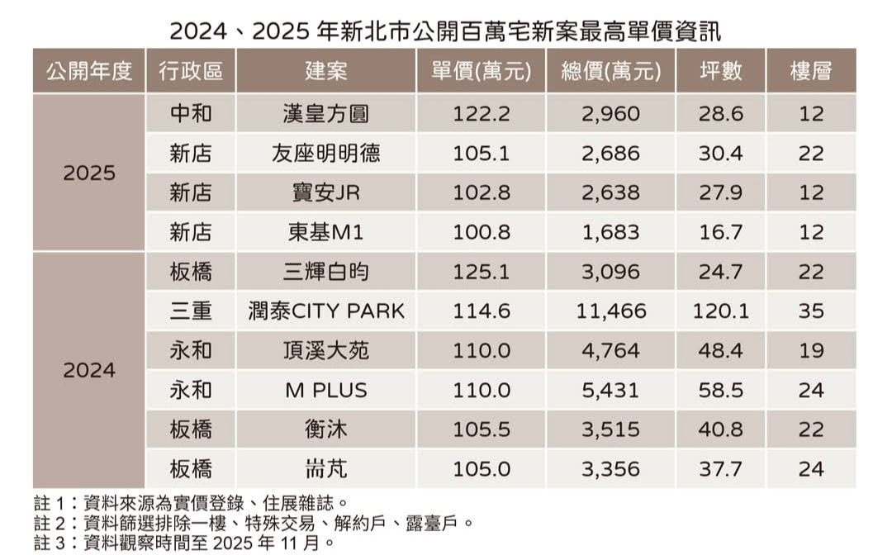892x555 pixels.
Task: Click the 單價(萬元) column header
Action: click(x=482, y=71)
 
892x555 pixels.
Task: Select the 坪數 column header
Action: click(x=720, y=71)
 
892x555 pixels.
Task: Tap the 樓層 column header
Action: click(x=811, y=71)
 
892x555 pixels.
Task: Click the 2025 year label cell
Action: click(x=89, y=173)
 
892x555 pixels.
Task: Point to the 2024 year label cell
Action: click(x=89, y=370)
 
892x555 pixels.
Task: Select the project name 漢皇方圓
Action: click(x=325, y=114)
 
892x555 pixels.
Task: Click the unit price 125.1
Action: click(x=482, y=272)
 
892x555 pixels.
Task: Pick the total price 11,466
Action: click(x=610, y=311)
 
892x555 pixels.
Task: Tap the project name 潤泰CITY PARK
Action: click(x=326, y=311)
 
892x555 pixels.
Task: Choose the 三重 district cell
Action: click(x=191, y=311)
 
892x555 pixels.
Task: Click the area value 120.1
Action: click(x=720, y=311)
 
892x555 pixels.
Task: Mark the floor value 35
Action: click(x=811, y=311)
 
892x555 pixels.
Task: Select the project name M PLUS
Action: click(x=326, y=390)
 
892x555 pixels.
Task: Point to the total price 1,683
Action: click(x=610, y=232)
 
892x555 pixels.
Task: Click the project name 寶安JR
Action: click(x=325, y=192)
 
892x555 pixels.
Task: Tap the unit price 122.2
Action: click(x=482, y=114)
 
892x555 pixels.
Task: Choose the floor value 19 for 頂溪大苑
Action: click(x=811, y=351)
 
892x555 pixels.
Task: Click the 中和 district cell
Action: click(x=191, y=114)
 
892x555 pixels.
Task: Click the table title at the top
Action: click(x=445, y=31)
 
